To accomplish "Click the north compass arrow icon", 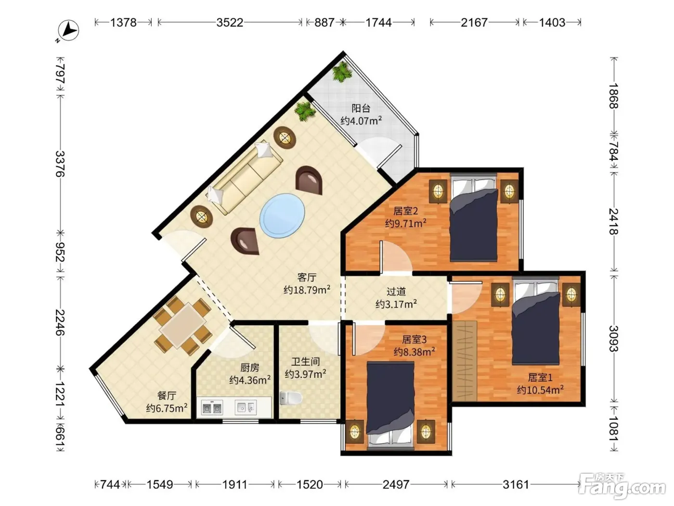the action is pyautogui.click(x=68, y=30).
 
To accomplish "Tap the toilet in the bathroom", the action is pyautogui.click(x=290, y=398).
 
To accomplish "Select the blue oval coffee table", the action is pyautogui.click(x=282, y=215).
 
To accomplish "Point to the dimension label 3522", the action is pyautogui.click(x=230, y=23).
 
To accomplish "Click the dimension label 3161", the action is pyautogui.click(x=516, y=484).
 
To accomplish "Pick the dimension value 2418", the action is pyautogui.click(x=613, y=221).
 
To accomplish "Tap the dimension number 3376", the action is pyautogui.click(x=60, y=164).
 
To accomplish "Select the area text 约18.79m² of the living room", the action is pyautogui.click(x=307, y=290).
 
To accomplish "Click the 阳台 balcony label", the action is pyautogui.click(x=361, y=108).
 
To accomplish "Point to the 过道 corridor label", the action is pyautogui.click(x=396, y=291).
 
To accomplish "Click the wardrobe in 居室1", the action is pyautogui.click(x=464, y=360).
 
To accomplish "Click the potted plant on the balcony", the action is pyautogui.click(x=342, y=72).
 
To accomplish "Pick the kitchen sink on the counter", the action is pyautogui.click(x=246, y=407).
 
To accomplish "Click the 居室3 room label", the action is pyautogui.click(x=414, y=339).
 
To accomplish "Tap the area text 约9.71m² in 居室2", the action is pyautogui.click(x=406, y=223).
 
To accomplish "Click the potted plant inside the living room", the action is pyautogui.click(x=305, y=111).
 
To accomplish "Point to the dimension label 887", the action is pyautogui.click(x=324, y=23).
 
